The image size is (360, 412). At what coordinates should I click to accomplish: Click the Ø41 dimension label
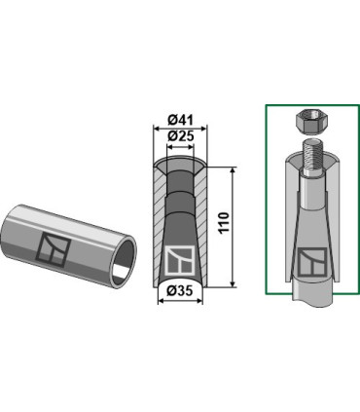click(x=180, y=121)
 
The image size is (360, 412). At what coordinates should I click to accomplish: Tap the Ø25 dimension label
click(x=180, y=136)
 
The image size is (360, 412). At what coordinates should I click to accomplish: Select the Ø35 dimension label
click(x=180, y=291)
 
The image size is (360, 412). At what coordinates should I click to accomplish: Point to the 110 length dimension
click(x=224, y=222)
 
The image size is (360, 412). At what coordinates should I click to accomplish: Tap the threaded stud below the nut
click(x=314, y=156)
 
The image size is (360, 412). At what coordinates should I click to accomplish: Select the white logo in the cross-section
click(x=180, y=260)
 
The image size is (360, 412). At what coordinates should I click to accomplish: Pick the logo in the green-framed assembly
click(x=312, y=262)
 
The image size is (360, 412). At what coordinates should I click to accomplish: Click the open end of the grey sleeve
click(x=124, y=261)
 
